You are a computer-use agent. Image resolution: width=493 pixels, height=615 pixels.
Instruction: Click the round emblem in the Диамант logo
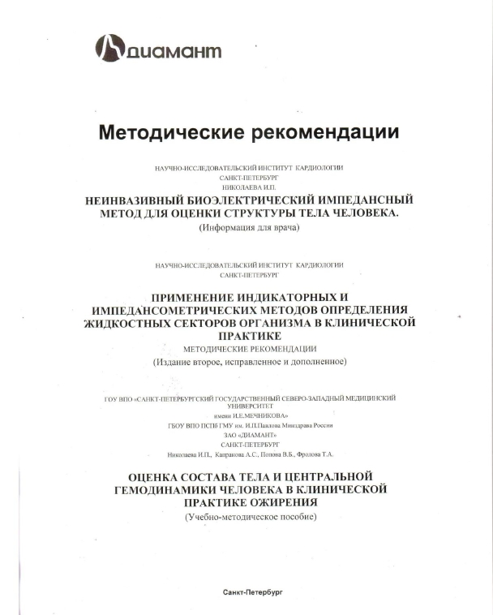[112, 48]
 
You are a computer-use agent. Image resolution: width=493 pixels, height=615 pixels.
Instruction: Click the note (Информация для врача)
[249, 228]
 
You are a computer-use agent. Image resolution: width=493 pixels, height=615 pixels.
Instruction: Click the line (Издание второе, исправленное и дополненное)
[249, 360]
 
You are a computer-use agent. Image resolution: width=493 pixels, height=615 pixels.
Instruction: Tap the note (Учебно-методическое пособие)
[249, 516]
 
